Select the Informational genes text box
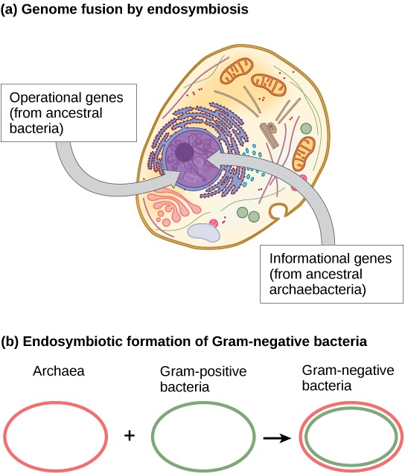point(332,275)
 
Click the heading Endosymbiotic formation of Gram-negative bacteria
point(184,342)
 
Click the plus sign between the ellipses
point(130,435)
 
